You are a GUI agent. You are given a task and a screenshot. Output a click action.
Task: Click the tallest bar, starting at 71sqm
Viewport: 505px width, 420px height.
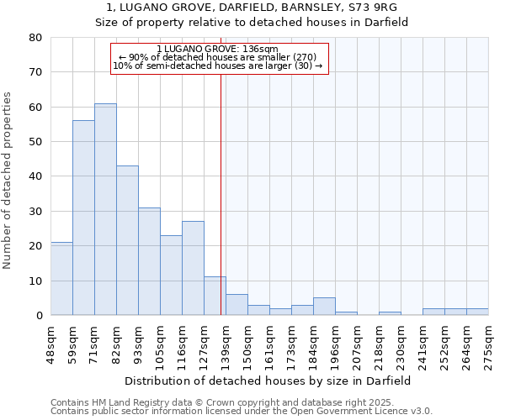point(105,209)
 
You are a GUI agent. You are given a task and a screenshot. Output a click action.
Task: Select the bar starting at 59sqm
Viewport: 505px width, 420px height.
point(83,218)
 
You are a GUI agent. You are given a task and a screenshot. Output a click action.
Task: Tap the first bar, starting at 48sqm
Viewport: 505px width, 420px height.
point(61,278)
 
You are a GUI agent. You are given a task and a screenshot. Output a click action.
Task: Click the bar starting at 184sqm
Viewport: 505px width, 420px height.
point(324,307)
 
